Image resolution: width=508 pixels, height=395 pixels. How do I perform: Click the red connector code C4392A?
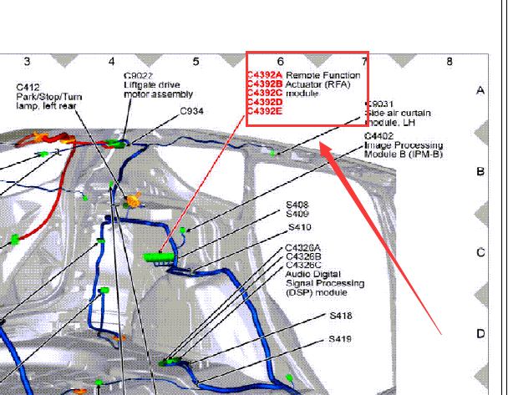pos(265,75)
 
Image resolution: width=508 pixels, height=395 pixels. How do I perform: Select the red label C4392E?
pos(265,111)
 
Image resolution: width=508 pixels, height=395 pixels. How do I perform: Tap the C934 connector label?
pos(192,111)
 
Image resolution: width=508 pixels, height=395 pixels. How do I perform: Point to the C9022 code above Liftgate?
pos(139,76)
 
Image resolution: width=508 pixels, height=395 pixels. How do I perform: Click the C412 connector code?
pos(28,88)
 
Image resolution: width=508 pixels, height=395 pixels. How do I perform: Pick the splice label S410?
pos(300,227)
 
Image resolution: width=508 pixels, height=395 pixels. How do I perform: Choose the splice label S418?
pos(341,316)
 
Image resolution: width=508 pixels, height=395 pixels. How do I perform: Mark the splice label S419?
pos(340,339)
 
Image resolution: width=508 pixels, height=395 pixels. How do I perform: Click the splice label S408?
pos(297,205)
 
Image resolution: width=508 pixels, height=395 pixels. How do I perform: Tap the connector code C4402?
pos(378,136)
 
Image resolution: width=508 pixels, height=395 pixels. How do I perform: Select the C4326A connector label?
pos(303,248)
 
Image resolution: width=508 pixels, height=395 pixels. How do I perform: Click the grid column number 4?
pos(112,61)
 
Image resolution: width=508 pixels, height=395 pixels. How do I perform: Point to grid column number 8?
pos(450,61)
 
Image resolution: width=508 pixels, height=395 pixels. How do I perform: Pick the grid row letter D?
pos(480,333)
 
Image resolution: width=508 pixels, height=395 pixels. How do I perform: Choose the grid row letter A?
pos(480,91)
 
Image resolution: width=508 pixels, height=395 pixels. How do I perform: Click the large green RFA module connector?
pos(159,257)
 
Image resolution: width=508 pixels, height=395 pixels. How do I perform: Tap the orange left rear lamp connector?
pos(134,200)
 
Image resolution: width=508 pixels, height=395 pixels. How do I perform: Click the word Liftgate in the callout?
pos(138,85)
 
